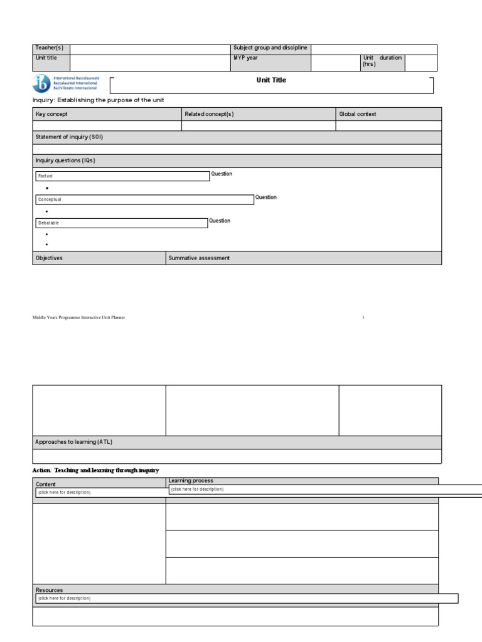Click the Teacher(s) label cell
[50, 49]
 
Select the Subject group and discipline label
[270, 48]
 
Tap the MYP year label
[245, 58]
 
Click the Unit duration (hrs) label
[382, 61]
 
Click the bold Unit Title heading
[271, 80]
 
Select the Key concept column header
[51, 114]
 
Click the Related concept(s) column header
[209, 114]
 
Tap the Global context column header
[358, 114]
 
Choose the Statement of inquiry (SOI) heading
[69, 137]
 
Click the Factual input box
[122, 176]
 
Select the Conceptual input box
[144, 199]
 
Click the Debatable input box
[120, 223]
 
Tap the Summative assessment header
[199, 258]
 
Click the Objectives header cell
[49, 258]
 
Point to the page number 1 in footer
[363, 318]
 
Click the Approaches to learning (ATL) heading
[74, 442]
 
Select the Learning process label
[191, 481]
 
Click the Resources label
[49, 590]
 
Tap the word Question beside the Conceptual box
[265, 197]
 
